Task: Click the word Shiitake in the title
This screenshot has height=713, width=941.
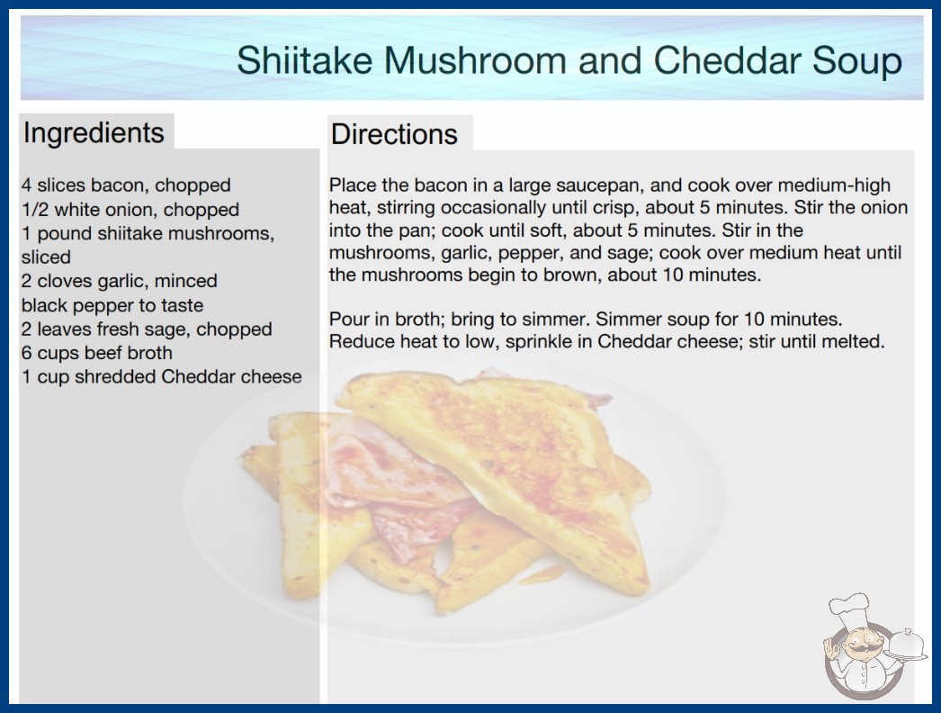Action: tap(304, 60)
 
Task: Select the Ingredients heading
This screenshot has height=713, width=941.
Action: tap(94, 132)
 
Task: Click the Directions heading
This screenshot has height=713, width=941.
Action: tap(394, 134)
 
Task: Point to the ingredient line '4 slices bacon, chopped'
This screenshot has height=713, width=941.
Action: tap(126, 185)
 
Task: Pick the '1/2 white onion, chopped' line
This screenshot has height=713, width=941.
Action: tap(130, 209)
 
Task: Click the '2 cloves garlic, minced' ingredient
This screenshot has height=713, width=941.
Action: tap(120, 281)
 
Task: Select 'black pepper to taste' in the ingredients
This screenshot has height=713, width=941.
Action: tap(112, 305)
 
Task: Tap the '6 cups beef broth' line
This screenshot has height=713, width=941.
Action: tap(96, 353)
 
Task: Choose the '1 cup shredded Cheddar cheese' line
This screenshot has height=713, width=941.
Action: tap(161, 376)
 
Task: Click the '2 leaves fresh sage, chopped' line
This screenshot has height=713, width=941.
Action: tap(147, 329)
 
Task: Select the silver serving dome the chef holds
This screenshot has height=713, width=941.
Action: tap(907, 646)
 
